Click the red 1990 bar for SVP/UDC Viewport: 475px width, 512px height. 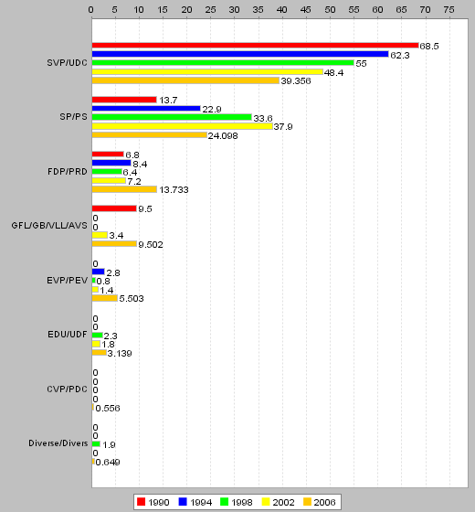coord(255,46)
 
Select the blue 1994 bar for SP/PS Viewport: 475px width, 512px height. coord(146,109)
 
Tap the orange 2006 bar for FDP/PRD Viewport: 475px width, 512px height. coord(124,189)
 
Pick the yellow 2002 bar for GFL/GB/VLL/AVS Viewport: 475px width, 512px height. coord(100,235)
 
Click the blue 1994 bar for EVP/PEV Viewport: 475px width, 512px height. coord(99,272)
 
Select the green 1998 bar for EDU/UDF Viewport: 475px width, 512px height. coord(97,335)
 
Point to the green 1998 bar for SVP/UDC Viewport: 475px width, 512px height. coord(223,63)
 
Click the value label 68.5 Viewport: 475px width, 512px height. coord(429,47)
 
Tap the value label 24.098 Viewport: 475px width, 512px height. coord(223,136)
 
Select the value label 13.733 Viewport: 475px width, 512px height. coord(174,190)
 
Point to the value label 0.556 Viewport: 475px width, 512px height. coord(108,408)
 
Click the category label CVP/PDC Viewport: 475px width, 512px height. coord(68,389)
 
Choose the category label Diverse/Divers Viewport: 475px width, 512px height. coord(58,443)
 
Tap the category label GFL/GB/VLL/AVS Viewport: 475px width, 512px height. coord(49,226)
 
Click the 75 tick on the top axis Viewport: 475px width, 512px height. coord(449,10)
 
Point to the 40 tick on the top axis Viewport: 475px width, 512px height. coord(282,10)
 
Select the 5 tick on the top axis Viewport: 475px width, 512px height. coord(115,10)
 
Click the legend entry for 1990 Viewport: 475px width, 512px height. coord(153,502)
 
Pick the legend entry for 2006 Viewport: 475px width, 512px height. coord(319,502)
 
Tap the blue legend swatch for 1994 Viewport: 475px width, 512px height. coord(183,502)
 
